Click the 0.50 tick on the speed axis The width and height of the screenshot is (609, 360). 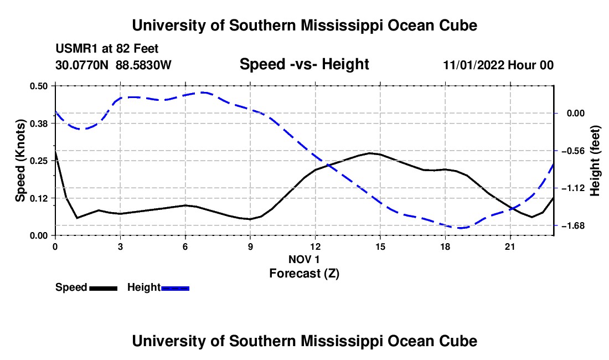pos(38,86)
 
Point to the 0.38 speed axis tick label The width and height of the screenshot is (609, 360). pos(38,124)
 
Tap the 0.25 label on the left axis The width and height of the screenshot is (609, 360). pos(38,161)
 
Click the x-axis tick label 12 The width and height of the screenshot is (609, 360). pos(316,246)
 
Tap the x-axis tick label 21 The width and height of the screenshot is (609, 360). pos(510,246)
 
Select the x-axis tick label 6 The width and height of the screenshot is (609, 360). pos(185,246)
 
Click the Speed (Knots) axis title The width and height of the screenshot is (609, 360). pos(20,161)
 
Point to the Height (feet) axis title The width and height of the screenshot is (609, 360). pos(595,161)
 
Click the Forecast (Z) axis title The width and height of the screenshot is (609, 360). pos(304,274)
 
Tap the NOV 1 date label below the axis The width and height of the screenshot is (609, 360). pos(304,259)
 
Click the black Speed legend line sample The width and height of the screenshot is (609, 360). pos(104,289)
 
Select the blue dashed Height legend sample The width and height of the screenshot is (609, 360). pos(175,289)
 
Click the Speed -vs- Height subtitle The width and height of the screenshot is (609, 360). pos(304,64)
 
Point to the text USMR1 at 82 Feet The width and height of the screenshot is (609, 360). pos(107,49)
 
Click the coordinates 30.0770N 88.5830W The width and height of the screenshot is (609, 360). pos(113,65)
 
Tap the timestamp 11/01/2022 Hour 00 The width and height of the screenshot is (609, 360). pos(498,65)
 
